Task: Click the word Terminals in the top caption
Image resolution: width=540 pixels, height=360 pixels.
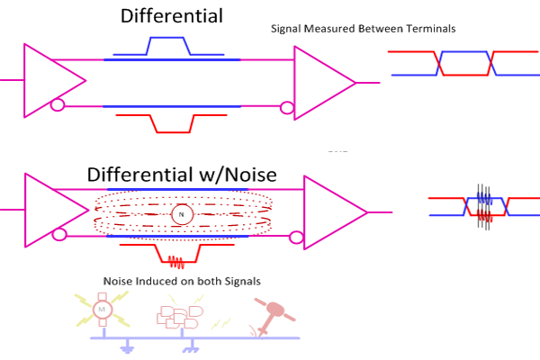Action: point(427,29)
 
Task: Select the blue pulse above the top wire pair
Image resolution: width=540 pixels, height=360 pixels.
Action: point(167,46)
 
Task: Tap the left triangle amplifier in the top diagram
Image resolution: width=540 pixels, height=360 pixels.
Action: point(49,81)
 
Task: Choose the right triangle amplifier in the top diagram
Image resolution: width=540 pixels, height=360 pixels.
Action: point(320,81)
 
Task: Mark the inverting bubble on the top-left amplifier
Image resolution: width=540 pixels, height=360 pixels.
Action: point(58,106)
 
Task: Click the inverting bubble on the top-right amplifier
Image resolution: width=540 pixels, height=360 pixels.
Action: point(288,109)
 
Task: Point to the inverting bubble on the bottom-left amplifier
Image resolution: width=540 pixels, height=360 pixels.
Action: point(60,235)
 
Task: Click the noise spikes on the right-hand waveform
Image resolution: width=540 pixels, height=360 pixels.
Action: point(482,205)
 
